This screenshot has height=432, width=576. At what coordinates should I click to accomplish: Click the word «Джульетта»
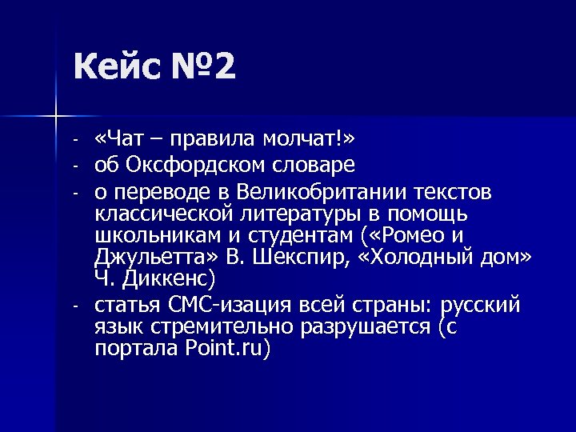[152, 258]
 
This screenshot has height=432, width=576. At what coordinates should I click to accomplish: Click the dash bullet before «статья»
[73, 306]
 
